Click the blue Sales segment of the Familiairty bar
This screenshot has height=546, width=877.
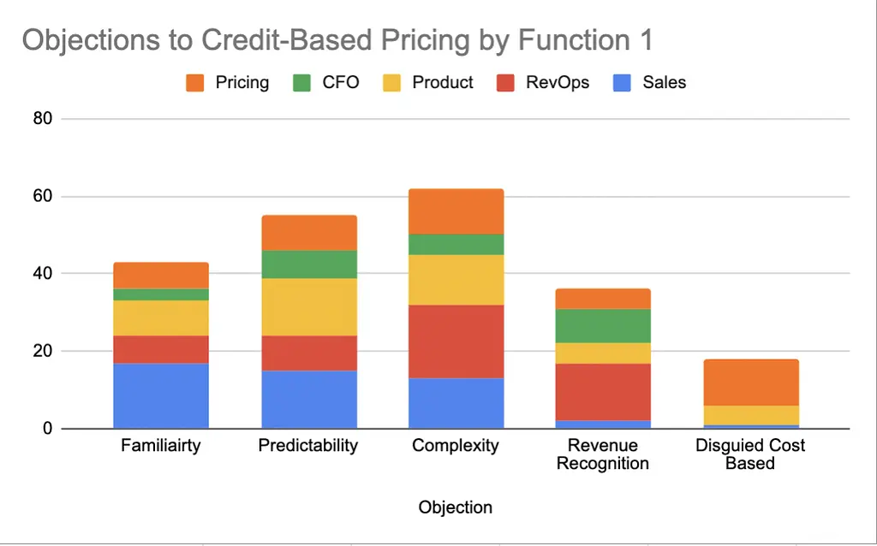click(x=161, y=395)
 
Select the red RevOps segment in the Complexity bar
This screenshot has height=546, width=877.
click(x=456, y=341)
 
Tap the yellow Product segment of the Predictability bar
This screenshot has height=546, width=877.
click(x=308, y=306)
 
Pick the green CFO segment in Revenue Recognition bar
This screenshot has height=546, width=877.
click(x=603, y=325)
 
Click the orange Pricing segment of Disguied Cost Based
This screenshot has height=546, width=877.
click(x=750, y=382)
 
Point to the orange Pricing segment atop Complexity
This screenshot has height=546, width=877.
click(x=456, y=211)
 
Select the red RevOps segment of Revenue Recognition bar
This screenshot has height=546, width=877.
click(x=603, y=392)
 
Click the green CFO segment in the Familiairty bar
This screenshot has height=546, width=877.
click(x=161, y=294)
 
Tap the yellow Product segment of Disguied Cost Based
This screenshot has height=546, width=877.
click(x=750, y=415)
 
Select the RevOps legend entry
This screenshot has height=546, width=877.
click(x=544, y=83)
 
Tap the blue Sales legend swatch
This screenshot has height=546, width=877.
click(x=622, y=83)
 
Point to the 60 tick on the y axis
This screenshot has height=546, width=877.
click(x=43, y=196)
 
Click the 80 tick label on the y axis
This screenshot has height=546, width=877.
click(x=43, y=118)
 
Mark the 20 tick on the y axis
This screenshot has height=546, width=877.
click(x=43, y=351)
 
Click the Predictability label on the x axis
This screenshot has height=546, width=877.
click(x=308, y=446)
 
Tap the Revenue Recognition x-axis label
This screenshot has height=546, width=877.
click(x=603, y=454)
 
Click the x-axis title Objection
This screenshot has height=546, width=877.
click(x=456, y=507)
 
